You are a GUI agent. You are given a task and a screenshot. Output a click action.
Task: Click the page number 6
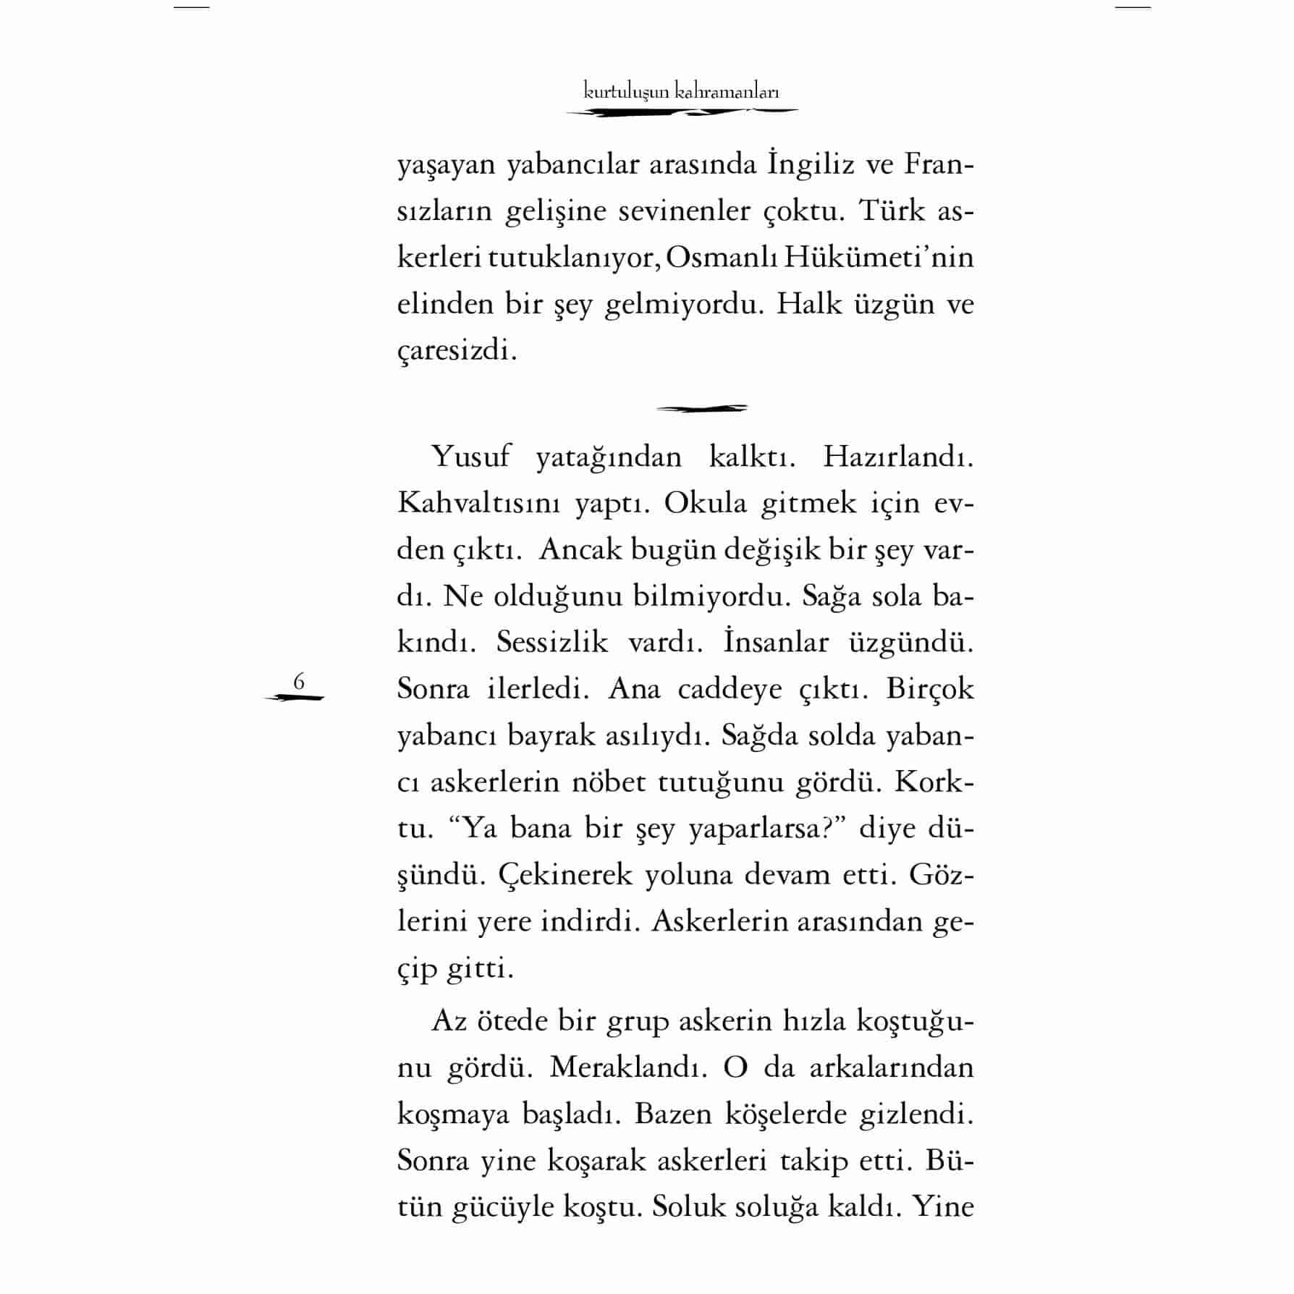click(x=298, y=682)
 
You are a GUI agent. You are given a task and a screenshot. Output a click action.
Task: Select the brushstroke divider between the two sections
click(x=701, y=409)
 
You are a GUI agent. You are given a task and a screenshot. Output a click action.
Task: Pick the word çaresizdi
click(x=457, y=352)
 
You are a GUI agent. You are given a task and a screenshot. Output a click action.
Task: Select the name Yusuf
click(x=470, y=457)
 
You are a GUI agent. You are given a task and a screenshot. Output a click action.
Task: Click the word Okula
click(x=705, y=504)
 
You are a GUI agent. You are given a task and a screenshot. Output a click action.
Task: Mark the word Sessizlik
click(x=552, y=643)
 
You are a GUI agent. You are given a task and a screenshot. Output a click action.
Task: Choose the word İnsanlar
click(x=775, y=643)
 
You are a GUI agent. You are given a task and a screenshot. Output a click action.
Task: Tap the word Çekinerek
click(x=564, y=876)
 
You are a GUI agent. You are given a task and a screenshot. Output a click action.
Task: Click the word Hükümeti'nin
click(x=889, y=258)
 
